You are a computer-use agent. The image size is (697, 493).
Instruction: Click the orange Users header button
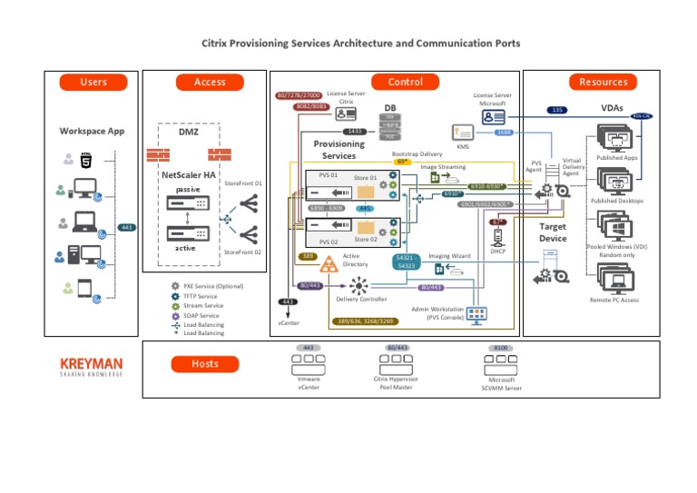[x=93, y=82]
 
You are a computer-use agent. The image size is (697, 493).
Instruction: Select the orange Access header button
[x=210, y=82]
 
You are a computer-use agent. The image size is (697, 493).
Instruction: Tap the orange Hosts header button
[x=204, y=364]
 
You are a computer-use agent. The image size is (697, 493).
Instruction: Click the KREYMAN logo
[x=91, y=365]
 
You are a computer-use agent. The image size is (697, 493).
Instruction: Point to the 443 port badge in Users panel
[x=127, y=227]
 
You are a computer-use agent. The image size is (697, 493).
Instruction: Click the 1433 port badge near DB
[x=355, y=132]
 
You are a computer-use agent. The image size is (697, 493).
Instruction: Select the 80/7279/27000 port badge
[x=299, y=95]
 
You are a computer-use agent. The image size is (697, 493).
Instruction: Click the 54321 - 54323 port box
[x=405, y=261]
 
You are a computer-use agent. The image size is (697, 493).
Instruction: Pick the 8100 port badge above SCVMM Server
[x=502, y=348]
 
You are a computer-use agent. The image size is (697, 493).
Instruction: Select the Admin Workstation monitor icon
[x=476, y=313]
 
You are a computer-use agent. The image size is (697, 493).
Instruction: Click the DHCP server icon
[x=497, y=238]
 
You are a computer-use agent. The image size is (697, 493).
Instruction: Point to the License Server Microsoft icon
[x=494, y=117]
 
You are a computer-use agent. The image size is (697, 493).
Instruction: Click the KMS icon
[x=463, y=132]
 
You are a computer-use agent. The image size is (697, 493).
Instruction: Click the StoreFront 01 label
[x=243, y=183]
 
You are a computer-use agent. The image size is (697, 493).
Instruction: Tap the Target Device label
[x=553, y=232]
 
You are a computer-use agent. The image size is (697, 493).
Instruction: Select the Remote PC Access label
[x=614, y=300]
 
